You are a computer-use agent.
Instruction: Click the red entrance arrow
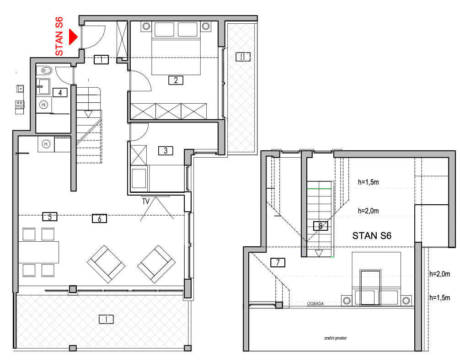73,37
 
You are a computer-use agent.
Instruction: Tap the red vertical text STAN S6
59,37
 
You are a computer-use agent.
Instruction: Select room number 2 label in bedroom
176,80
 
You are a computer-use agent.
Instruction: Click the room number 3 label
166,151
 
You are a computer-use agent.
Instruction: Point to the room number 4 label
60,93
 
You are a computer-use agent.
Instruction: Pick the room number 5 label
50,217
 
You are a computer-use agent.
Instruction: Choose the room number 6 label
99,218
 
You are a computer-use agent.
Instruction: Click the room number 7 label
278,262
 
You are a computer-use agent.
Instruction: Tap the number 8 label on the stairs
321,226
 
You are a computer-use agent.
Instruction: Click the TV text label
146,202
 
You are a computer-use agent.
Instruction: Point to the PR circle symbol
44,105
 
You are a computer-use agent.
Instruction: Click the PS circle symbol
46,144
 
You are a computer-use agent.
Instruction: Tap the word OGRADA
316,304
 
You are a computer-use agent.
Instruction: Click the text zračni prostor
335,338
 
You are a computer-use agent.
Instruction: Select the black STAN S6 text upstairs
372,236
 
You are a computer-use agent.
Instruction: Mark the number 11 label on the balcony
243,57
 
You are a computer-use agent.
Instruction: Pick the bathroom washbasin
43,86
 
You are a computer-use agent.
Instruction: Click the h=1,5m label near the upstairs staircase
368,182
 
